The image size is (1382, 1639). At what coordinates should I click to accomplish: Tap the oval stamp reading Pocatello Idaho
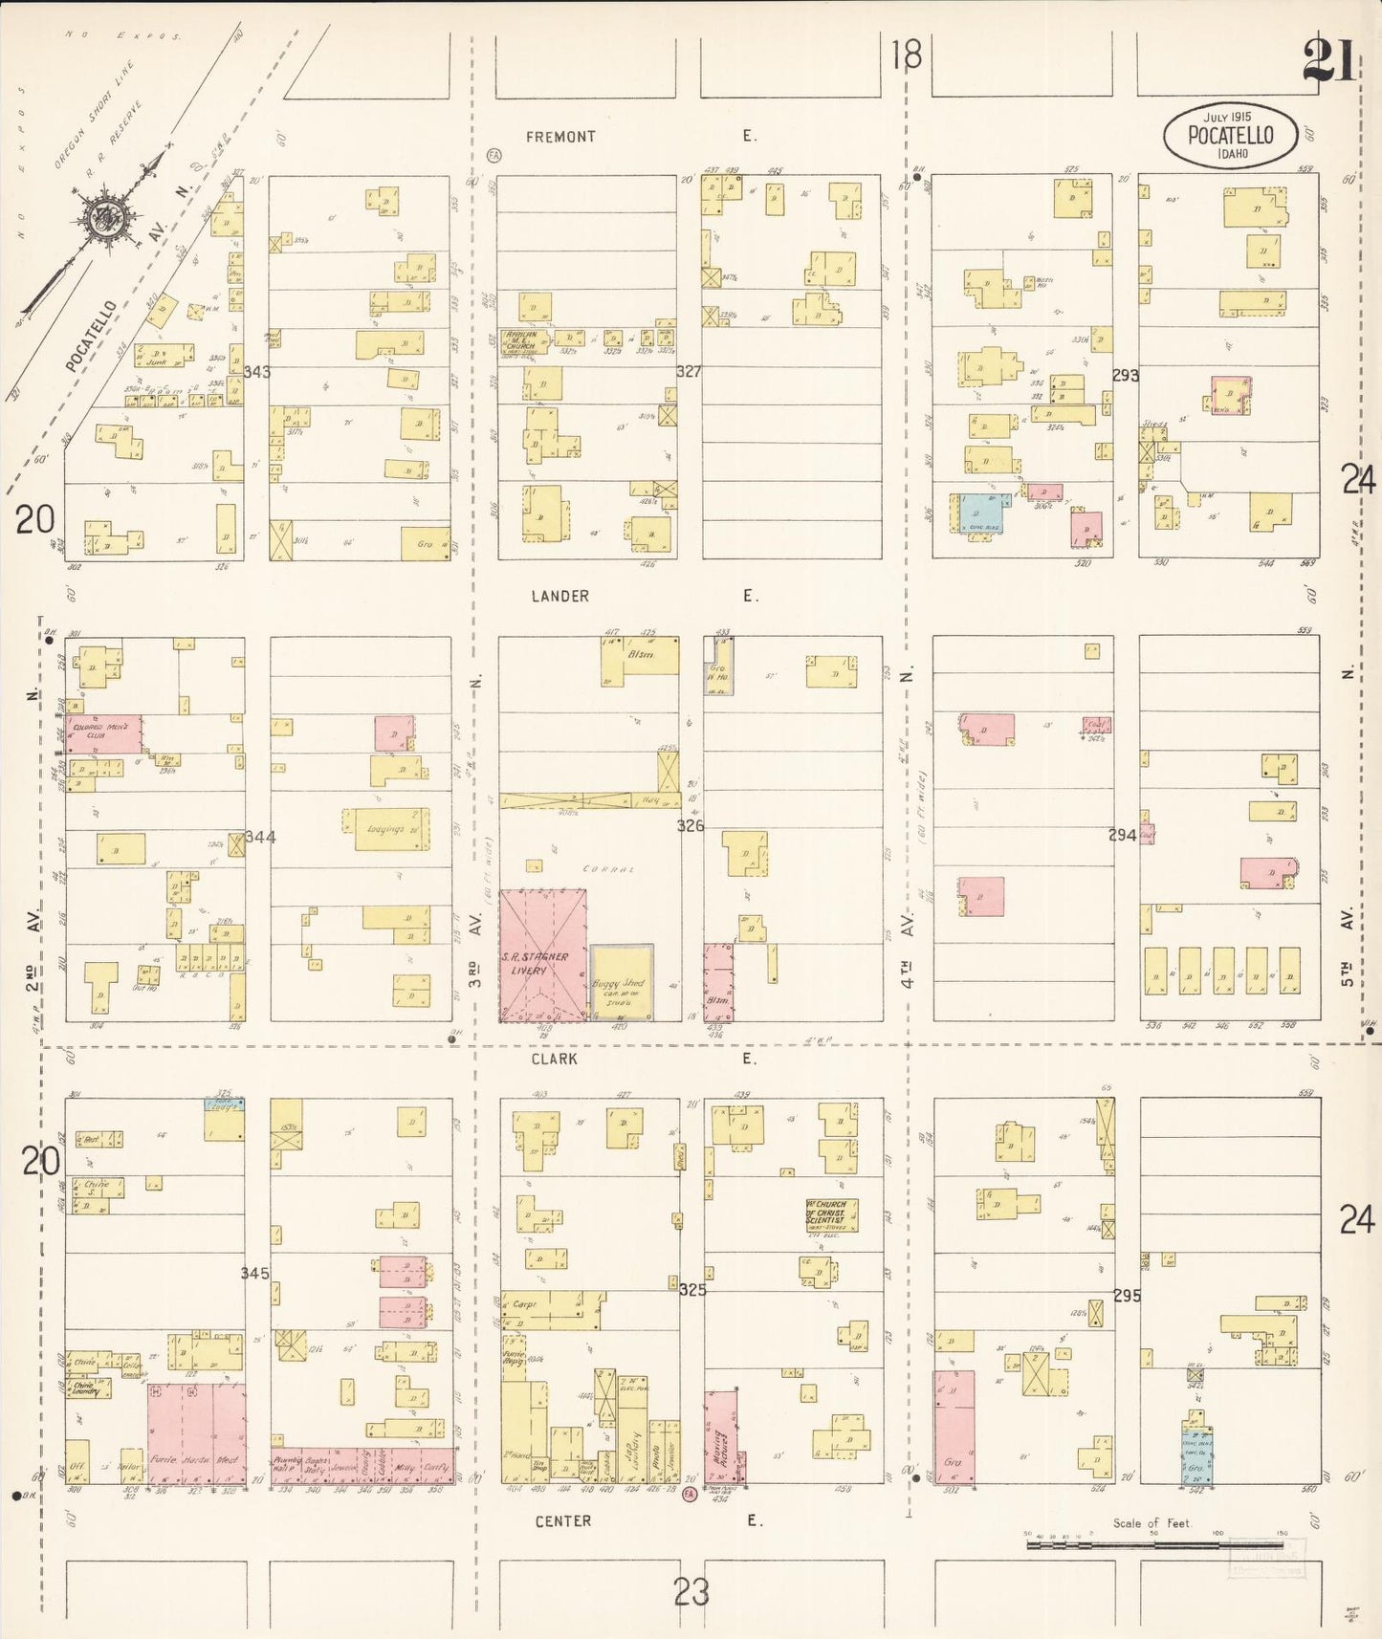point(1230,136)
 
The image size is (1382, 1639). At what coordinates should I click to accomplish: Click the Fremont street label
point(560,137)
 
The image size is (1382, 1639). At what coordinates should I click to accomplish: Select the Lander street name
point(560,596)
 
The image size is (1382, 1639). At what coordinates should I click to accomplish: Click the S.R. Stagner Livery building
point(542,956)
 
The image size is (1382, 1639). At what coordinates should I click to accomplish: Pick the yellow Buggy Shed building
point(621,983)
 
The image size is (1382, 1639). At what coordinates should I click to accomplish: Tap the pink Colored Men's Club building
point(103,733)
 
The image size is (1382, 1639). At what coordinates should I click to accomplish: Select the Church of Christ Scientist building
point(830,1215)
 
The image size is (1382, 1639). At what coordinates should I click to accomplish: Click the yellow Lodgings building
point(385,829)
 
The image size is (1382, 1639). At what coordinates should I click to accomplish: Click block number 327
point(689,371)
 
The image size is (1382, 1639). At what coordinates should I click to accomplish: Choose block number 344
point(260,837)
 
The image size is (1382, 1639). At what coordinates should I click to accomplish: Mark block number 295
point(1127,1296)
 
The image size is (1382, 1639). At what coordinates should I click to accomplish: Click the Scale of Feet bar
point(1152,1543)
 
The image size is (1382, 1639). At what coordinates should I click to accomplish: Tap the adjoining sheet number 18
point(906,55)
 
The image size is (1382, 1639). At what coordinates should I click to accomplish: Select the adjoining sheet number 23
point(691,1592)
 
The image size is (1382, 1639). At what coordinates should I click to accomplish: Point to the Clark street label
point(556,1059)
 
